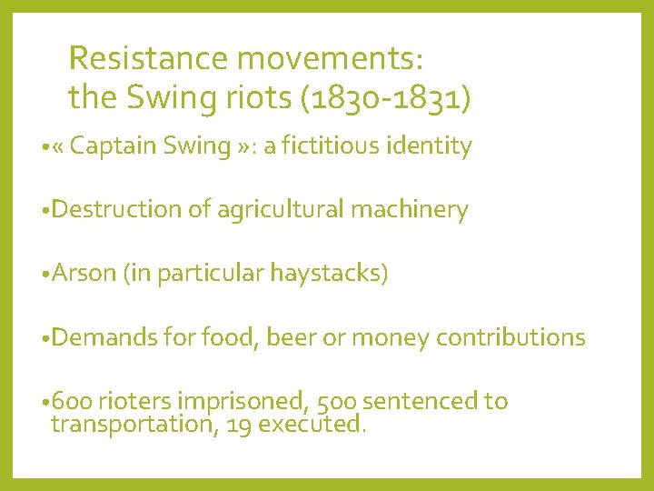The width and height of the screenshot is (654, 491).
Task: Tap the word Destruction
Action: click(118, 210)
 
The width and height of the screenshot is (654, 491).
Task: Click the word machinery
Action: click(406, 210)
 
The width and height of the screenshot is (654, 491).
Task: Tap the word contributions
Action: click(510, 337)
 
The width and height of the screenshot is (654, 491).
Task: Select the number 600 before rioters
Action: click(71, 401)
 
